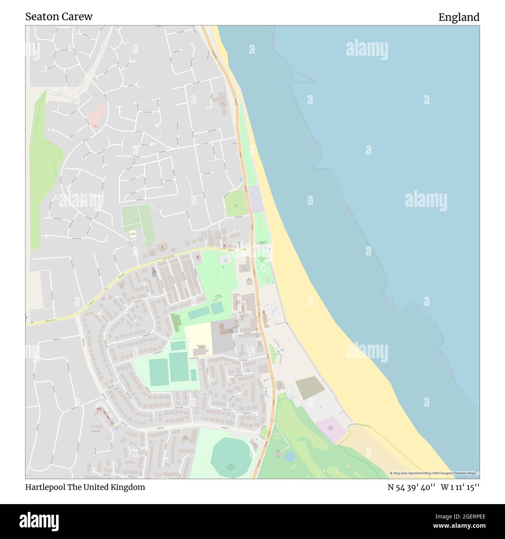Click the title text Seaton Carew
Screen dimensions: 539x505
[x=59, y=17]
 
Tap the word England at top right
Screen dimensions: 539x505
[x=459, y=17]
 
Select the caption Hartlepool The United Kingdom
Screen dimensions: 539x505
[x=85, y=487]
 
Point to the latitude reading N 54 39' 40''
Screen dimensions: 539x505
[x=411, y=487]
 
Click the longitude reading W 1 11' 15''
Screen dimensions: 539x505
[x=460, y=487]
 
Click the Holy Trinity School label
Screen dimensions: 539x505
[x=200, y=346]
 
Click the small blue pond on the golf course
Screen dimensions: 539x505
[x=289, y=457]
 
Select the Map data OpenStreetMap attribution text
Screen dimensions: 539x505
[x=434, y=473]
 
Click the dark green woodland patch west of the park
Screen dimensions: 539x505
[x=176, y=322]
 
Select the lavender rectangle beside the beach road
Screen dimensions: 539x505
[x=256, y=199]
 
